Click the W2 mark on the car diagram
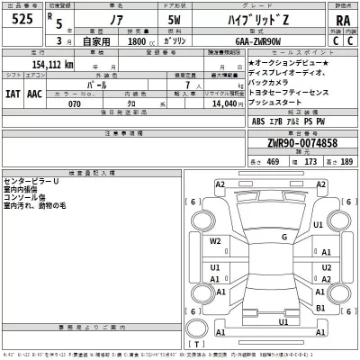coord(215,241)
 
